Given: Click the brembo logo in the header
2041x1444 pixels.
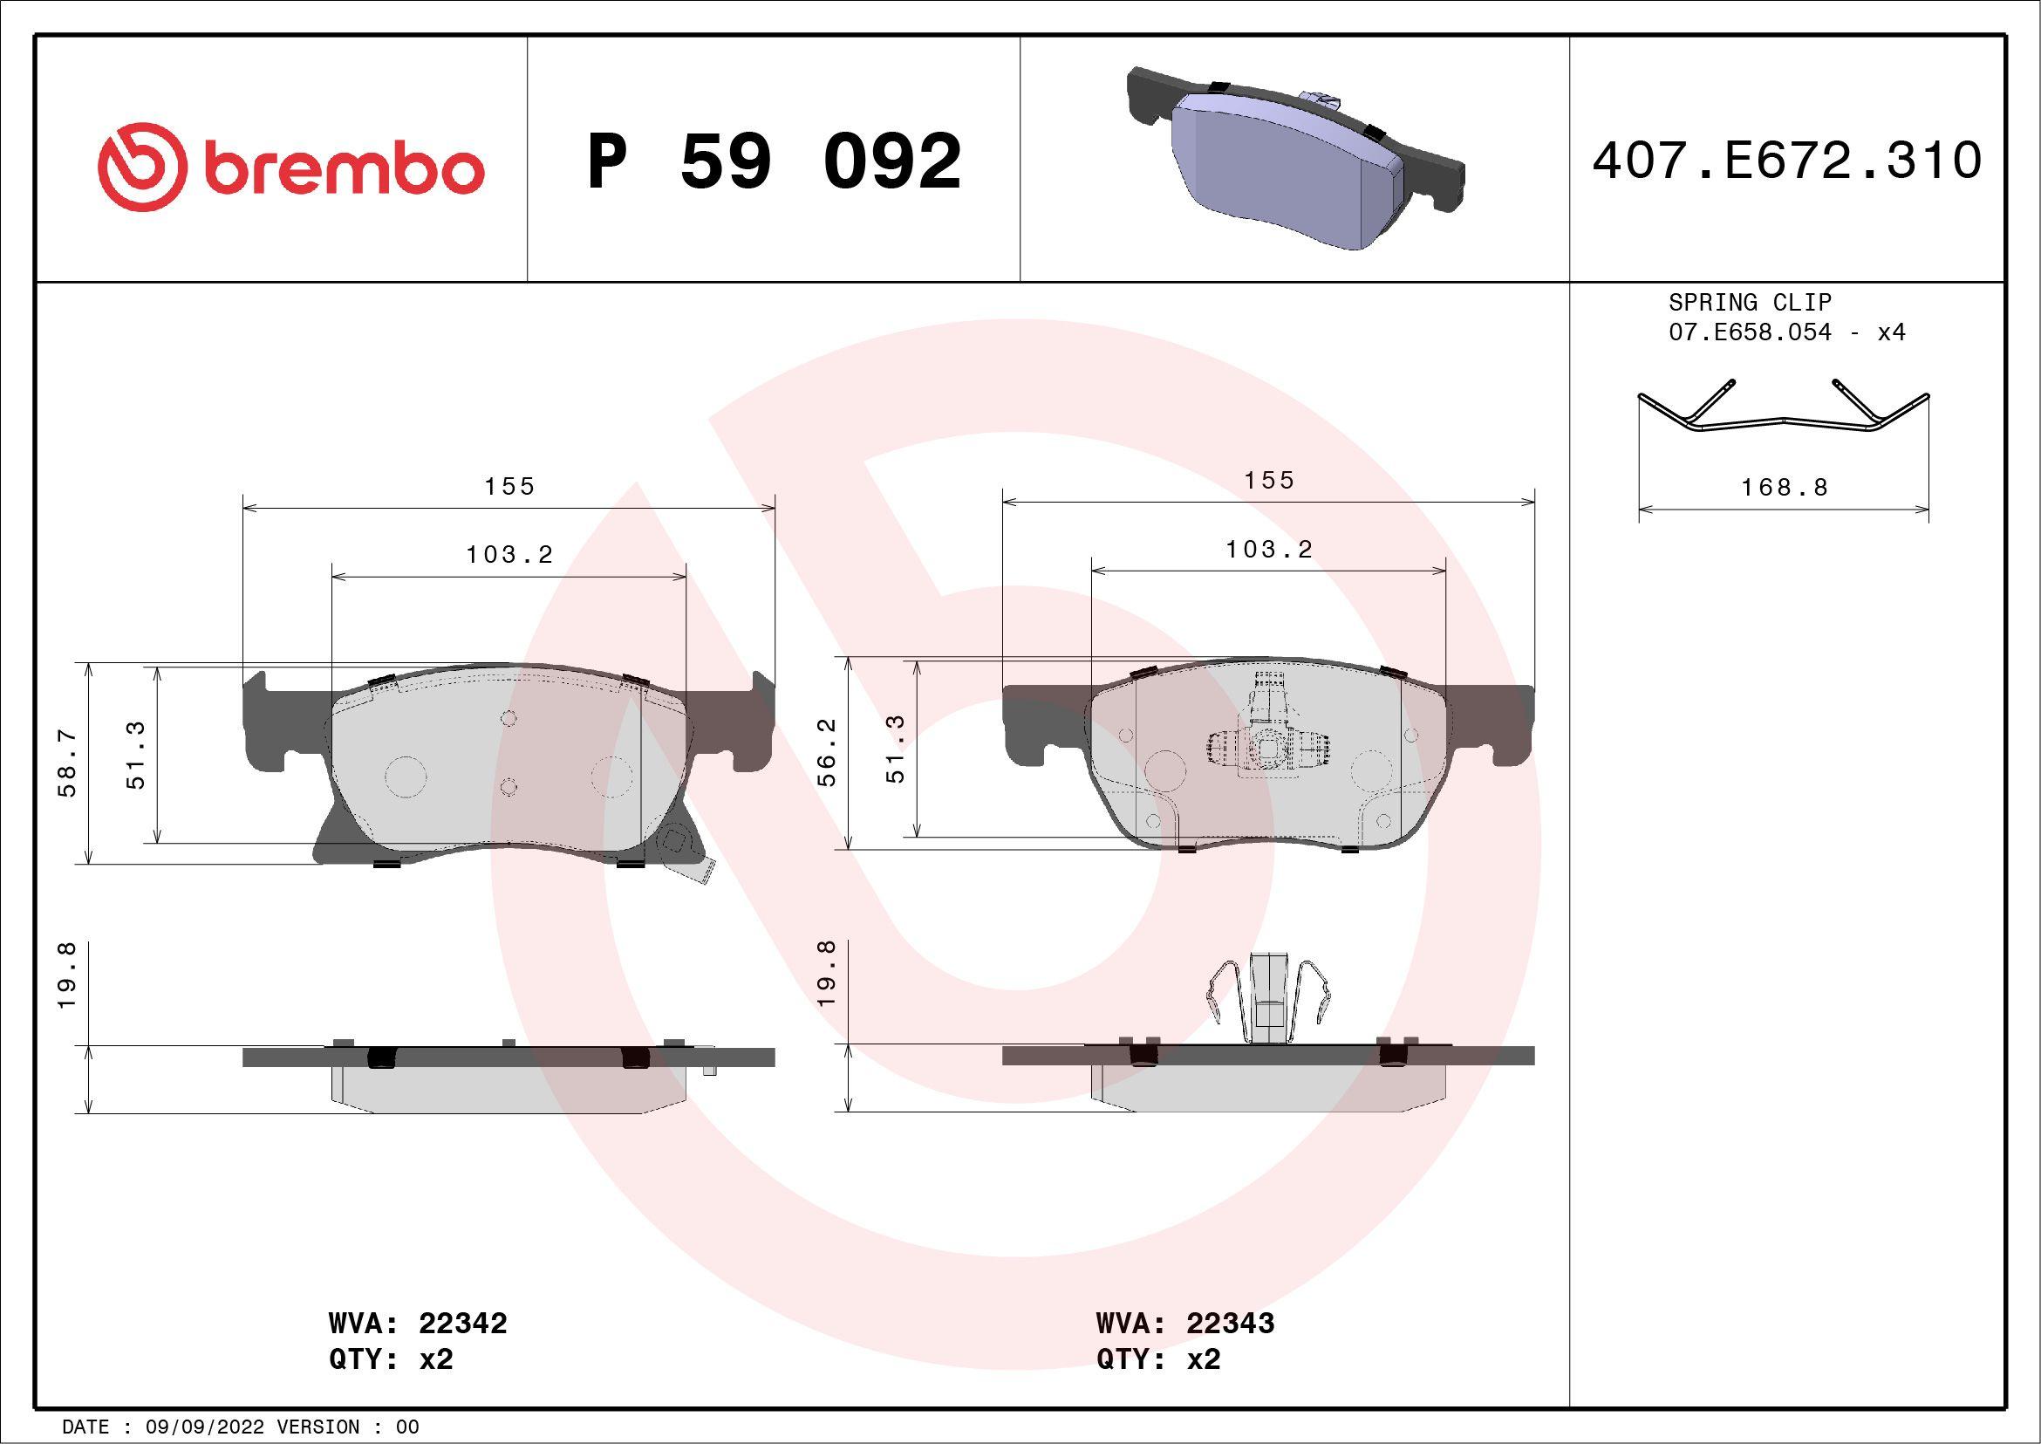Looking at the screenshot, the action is pos(290,168).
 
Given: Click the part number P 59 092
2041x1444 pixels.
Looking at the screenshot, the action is pos(775,161).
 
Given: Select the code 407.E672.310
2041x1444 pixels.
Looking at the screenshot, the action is pos(1787,161).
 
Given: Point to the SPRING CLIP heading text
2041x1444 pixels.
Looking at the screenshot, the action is pos(1750,302).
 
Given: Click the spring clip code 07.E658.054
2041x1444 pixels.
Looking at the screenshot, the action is pos(1750,332).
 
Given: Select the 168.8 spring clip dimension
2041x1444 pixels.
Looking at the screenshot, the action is pos(1784,487).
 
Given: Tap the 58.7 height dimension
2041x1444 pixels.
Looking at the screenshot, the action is pos(67,763).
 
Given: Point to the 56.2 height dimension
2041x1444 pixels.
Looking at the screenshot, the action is pos(827,752).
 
